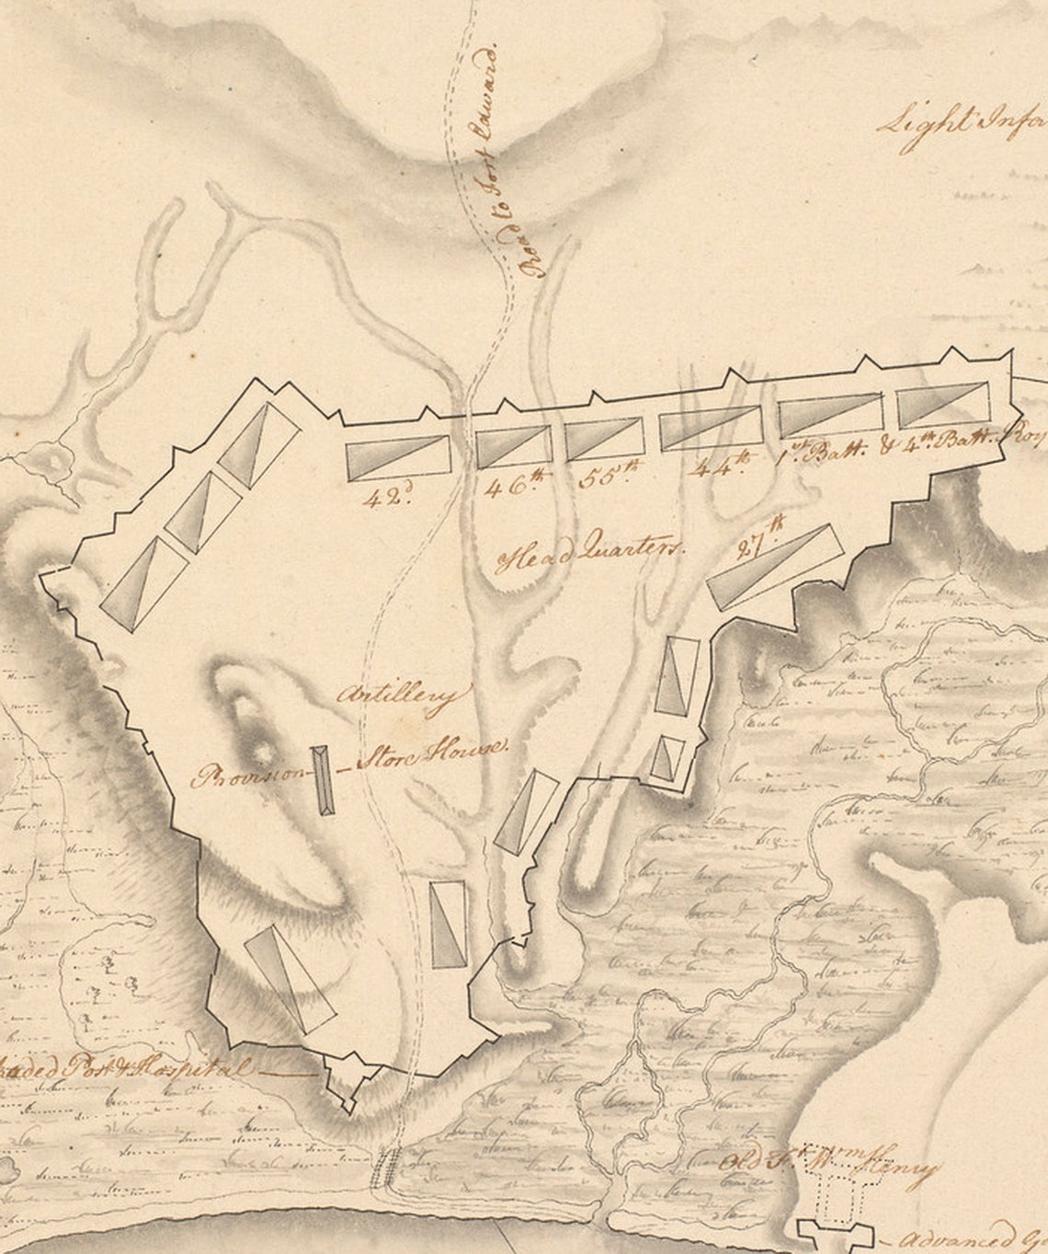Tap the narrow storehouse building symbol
323,779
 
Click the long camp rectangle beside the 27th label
777,566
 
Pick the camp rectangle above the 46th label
513,445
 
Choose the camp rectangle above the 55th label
603,438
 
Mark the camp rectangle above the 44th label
711,429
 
